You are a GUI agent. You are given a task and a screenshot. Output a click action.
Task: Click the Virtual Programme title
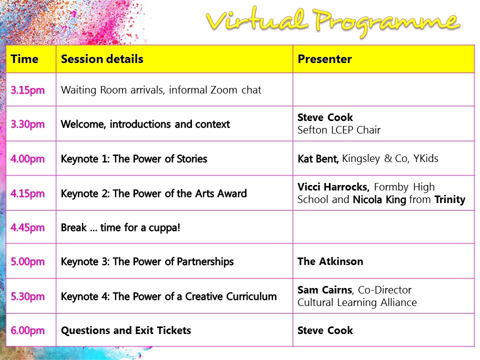click(332, 21)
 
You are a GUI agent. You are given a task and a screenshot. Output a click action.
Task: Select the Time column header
click(24, 59)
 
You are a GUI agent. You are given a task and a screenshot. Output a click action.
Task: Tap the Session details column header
click(102, 59)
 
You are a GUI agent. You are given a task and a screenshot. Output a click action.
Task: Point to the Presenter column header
click(324, 59)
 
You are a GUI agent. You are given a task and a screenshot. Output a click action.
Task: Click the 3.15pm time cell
click(28, 90)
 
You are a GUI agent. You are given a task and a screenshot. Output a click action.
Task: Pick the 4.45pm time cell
click(28, 227)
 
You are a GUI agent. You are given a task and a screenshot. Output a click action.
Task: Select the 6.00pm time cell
click(28, 330)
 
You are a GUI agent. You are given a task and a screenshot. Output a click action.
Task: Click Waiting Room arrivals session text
click(161, 90)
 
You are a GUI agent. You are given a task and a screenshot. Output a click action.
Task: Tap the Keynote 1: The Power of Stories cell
click(134, 159)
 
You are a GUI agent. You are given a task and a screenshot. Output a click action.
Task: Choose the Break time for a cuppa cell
click(120, 227)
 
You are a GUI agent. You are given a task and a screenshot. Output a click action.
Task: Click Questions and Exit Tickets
click(126, 330)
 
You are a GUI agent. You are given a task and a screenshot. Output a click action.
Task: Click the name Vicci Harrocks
click(333, 187)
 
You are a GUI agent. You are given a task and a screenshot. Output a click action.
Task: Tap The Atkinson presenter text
click(330, 261)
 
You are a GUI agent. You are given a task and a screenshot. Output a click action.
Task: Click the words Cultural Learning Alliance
click(357, 302)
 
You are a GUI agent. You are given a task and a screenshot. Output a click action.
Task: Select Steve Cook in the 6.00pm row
click(325, 330)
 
